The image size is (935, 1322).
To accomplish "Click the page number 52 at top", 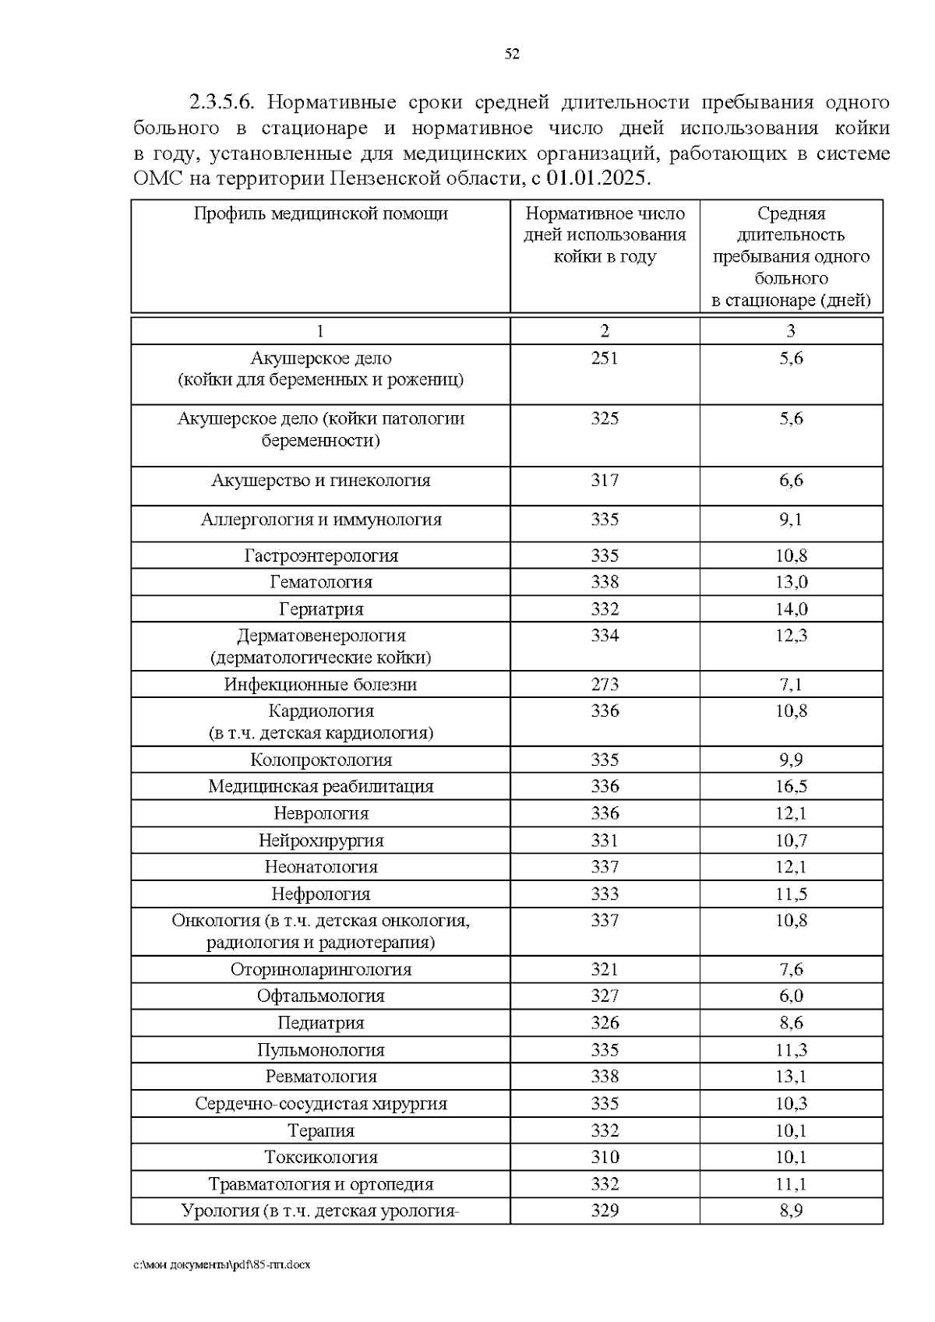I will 511,54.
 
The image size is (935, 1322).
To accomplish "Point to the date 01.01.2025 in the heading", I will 596,178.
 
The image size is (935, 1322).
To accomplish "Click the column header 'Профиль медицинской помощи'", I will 320,213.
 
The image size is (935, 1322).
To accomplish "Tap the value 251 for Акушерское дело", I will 605,358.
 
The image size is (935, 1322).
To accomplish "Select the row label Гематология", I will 321,582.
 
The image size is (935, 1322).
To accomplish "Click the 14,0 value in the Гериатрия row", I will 791,609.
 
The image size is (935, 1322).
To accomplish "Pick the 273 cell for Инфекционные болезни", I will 605,685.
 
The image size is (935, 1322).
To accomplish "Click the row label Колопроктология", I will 321,760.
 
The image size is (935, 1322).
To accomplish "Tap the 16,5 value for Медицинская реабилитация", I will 791,786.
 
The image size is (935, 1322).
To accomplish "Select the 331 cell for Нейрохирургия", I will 605,841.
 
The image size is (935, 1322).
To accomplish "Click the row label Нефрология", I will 321,894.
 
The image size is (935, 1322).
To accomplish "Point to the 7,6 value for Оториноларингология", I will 791,969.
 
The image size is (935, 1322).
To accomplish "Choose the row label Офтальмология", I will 321,996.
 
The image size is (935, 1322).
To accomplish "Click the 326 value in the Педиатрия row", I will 605,1023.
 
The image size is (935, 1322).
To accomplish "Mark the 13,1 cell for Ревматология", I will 791,1077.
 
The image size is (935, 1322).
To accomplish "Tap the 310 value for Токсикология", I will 605,1157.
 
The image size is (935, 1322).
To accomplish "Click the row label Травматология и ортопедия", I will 321,1184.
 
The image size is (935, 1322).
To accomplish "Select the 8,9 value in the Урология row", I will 791,1211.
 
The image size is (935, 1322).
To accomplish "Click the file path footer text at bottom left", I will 222,1264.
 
